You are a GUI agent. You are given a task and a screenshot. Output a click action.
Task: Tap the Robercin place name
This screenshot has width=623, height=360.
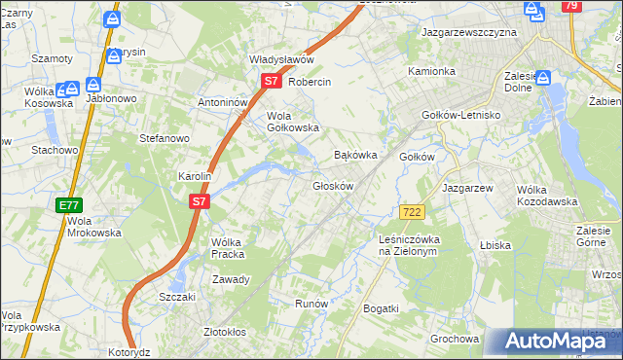coord(311,83)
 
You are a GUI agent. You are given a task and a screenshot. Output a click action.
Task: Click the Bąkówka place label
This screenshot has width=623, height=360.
coord(354,155)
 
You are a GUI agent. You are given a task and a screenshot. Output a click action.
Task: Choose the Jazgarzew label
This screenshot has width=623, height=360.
coord(468,188)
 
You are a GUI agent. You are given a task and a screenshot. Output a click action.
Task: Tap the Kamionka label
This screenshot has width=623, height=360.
coord(431,71)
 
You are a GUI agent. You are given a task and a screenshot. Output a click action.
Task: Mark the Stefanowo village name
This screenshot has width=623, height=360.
coord(165,138)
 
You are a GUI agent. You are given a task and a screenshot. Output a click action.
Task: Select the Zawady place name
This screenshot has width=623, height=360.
coord(232,279)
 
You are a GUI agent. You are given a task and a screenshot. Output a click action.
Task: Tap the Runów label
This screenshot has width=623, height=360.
coord(311,304)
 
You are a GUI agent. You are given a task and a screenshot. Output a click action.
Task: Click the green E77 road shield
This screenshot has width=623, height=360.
coord(69,205)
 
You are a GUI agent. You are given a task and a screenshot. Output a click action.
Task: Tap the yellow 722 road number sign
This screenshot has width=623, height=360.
coord(412,212)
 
